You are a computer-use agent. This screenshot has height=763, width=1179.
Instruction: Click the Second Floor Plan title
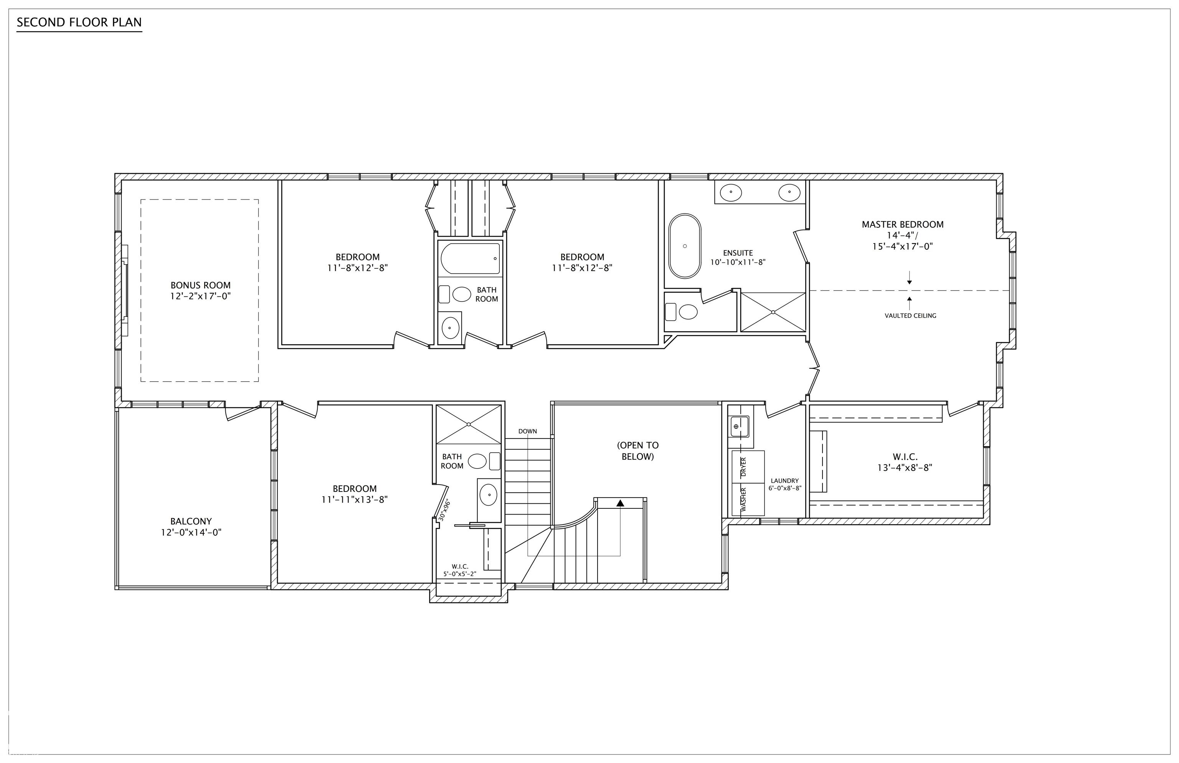click(79, 22)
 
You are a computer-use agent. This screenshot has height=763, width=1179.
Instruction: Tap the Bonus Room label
click(201, 291)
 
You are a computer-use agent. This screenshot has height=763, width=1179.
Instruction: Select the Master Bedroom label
click(902, 235)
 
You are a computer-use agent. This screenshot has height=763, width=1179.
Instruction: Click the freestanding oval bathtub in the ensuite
click(685, 246)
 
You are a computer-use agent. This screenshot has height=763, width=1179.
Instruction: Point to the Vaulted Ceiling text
click(910, 316)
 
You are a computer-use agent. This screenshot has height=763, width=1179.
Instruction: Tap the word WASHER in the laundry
click(743, 500)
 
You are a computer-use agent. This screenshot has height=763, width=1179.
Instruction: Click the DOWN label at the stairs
click(527, 431)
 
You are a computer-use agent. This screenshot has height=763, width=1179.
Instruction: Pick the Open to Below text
click(638, 451)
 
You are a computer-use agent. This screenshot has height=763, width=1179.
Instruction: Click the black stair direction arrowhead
click(621, 503)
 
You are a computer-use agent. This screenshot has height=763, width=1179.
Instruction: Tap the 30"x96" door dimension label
click(444, 509)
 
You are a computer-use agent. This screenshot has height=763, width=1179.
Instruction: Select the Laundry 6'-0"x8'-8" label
click(785, 484)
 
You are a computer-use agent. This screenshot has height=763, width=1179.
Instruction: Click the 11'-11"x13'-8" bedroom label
click(355, 494)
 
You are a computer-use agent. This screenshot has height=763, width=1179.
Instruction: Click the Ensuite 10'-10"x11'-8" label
click(738, 258)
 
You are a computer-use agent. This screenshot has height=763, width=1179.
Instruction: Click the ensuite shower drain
click(773, 312)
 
